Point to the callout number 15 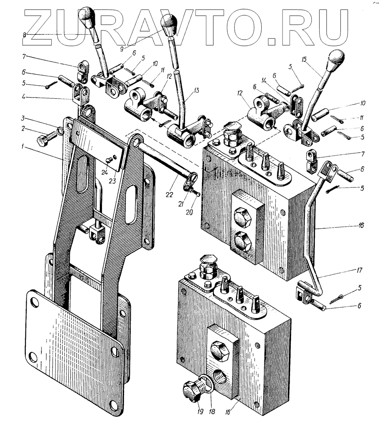point(304,60)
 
